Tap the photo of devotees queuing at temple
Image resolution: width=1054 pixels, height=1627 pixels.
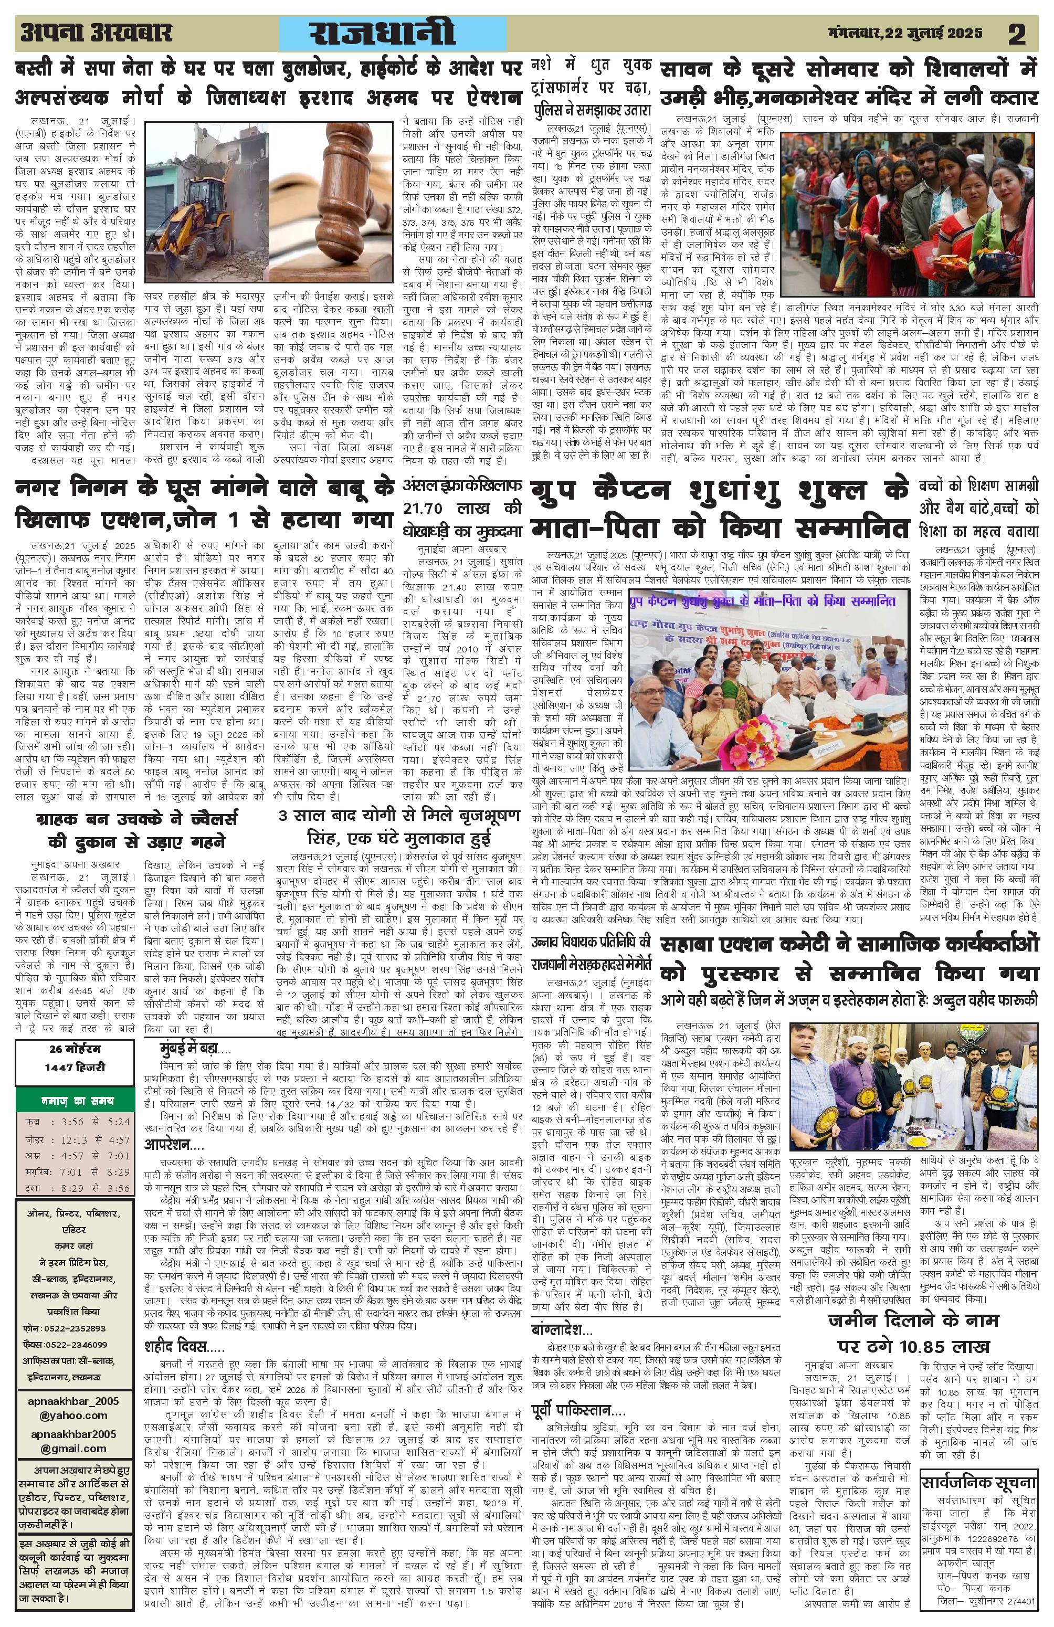(x=908, y=203)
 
